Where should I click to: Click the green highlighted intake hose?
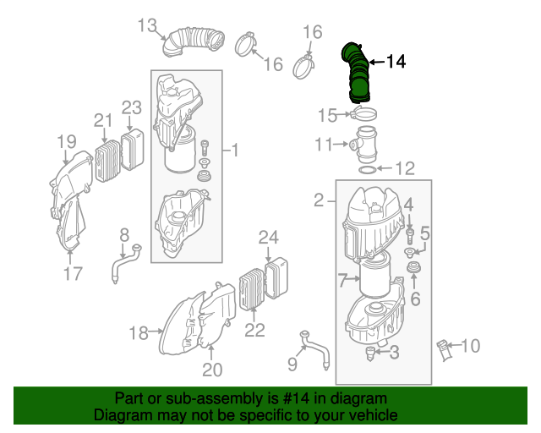[358, 72]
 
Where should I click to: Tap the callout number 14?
[396, 61]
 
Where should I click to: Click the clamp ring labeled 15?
[364, 114]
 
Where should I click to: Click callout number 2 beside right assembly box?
[319, 200]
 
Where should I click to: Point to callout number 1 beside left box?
[235, 151]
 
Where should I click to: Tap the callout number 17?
[73, 273]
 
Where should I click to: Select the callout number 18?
[139, 332]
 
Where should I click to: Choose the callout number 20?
[211, 369]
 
